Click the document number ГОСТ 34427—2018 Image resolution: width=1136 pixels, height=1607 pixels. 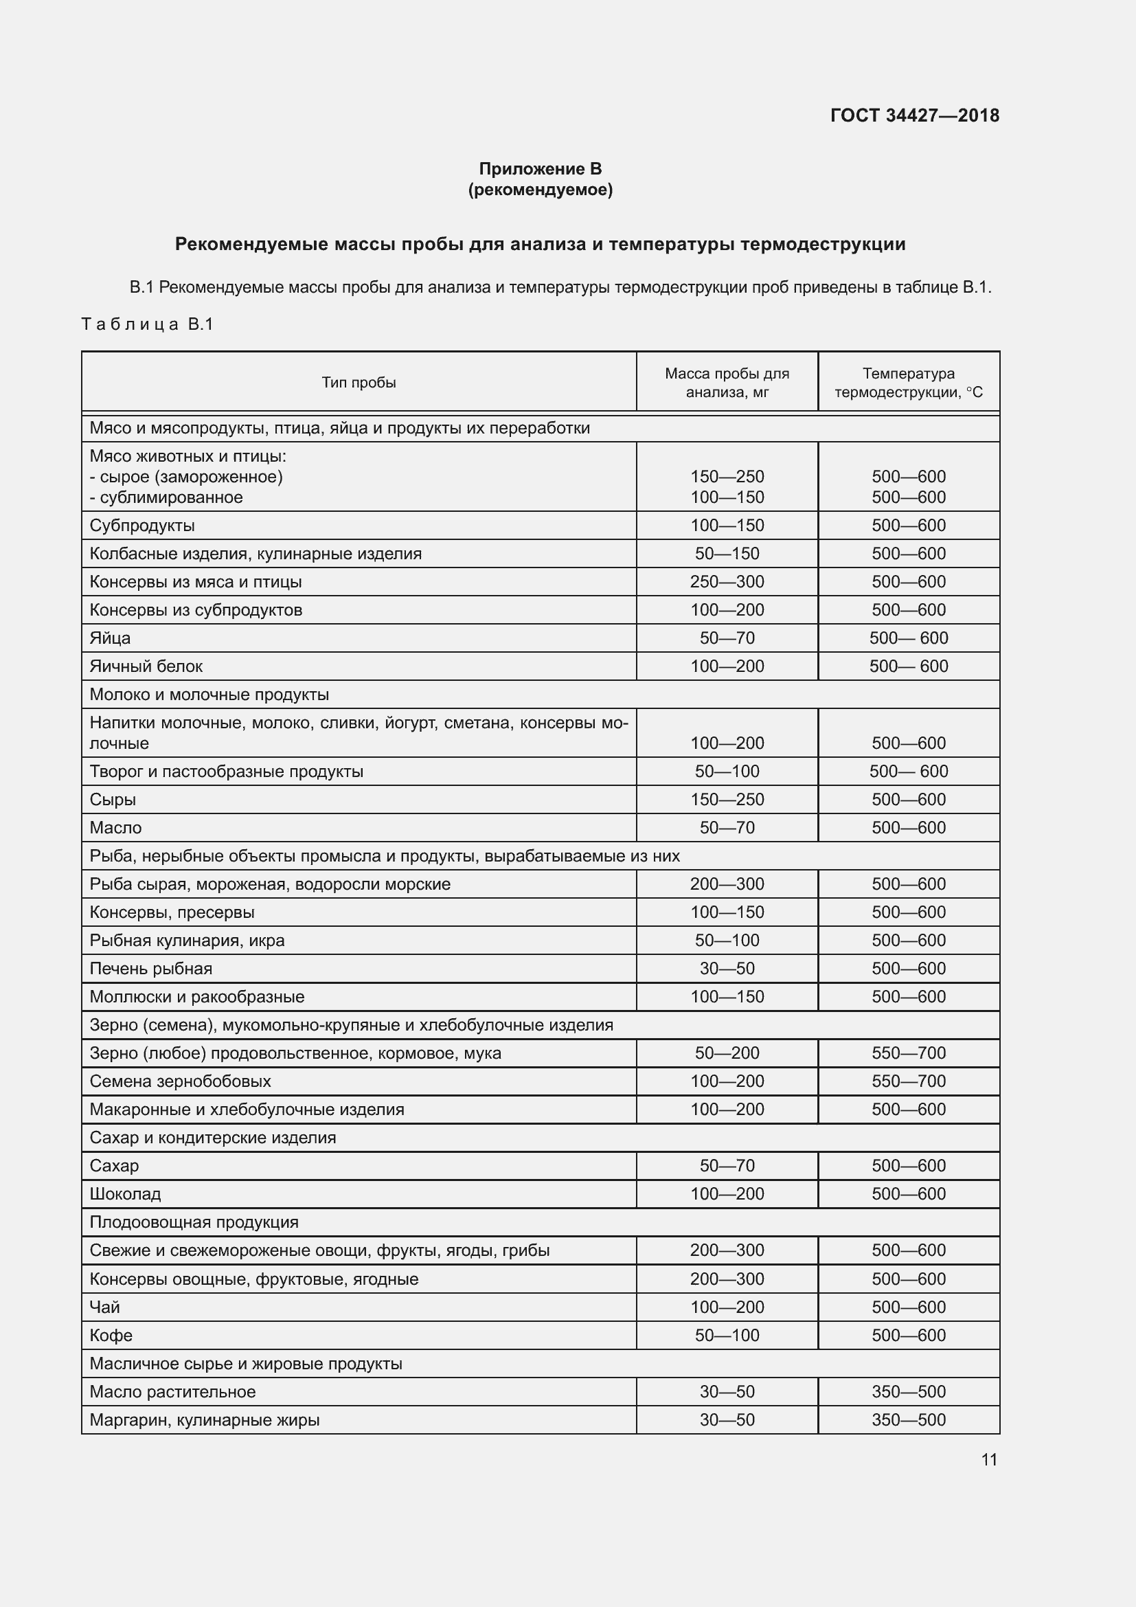[914, 115]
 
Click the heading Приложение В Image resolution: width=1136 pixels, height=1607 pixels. [540, 169]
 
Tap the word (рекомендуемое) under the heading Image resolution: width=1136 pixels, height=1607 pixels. [540, 190]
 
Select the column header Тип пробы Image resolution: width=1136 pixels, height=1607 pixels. [359, 382]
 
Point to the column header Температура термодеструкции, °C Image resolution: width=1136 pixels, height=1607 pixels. [908, 383]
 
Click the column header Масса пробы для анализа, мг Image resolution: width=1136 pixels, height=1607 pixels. [727, 383]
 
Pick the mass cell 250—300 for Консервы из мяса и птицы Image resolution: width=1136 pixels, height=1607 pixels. [727, 582]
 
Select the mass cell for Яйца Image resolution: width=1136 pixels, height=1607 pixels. [727, 638]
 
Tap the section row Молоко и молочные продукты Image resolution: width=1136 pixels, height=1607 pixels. [209, 695]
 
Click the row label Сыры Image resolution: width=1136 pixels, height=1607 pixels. [113, 799]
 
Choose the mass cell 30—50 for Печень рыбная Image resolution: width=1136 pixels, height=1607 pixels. [727, 968]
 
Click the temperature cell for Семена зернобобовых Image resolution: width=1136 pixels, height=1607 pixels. [908, 1081]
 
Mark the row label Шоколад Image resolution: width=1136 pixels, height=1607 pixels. [125, 1193]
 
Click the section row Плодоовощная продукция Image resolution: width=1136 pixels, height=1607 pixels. [194, 1222]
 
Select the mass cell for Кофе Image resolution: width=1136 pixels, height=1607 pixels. [727, 1335]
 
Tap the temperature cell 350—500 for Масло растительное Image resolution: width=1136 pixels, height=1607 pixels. [908, 1391]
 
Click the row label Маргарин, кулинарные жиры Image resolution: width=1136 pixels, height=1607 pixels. [204, 1419]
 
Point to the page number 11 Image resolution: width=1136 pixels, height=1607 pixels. [988, 1459]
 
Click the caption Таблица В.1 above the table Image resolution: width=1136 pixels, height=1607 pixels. [147, 324]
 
